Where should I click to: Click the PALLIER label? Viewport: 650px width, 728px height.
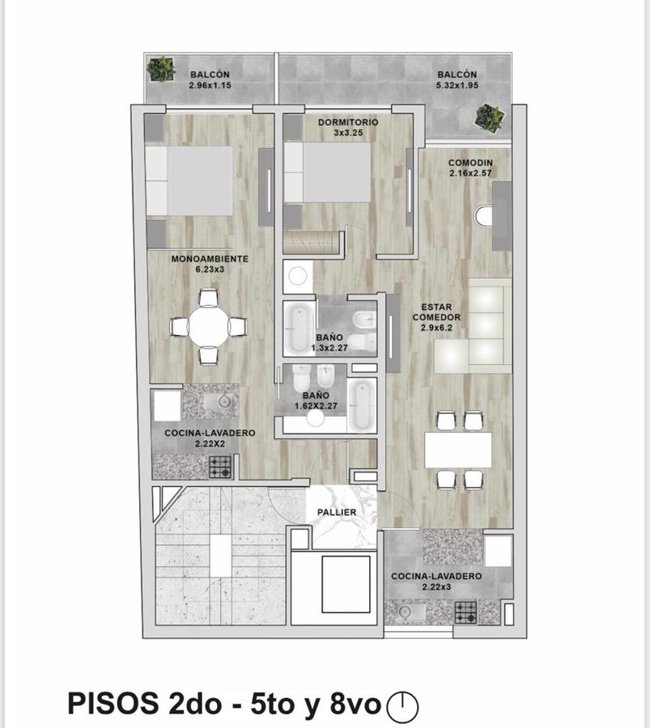[337, 512]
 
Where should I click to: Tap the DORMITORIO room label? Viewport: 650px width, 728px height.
[348, 122]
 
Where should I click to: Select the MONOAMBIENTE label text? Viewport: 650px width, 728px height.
[210, 259]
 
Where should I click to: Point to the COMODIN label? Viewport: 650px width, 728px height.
[470, 163]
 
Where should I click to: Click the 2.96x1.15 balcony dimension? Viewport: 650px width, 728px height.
[210, 86]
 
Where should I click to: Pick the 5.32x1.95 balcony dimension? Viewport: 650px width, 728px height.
[457, 86]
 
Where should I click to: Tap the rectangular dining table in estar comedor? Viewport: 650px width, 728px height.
[458, 450]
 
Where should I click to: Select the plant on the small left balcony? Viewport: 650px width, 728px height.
[160, 70]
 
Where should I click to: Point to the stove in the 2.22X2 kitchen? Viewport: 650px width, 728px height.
[219, 467]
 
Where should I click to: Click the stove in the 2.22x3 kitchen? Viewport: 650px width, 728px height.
[465, 612]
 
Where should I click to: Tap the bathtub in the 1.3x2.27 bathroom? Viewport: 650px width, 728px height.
[300, 328]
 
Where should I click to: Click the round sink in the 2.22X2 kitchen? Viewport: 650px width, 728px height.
[224, 400]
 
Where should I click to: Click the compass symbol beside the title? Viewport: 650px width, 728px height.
[402, 705]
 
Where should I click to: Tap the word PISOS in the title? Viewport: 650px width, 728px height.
[113, 704]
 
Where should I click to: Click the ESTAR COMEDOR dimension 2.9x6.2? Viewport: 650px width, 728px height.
[436, 328]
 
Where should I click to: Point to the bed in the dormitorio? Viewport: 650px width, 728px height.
[328, 171]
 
